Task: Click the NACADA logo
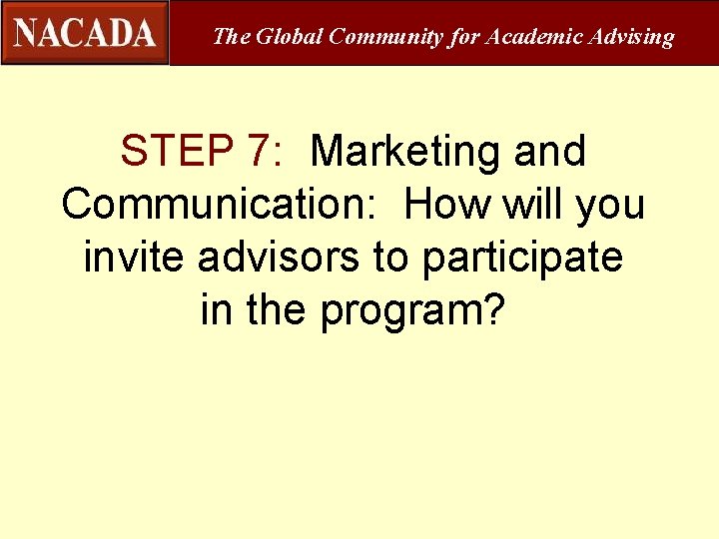point(85,33)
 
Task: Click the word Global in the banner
point(290,37)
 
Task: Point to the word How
point(446,205)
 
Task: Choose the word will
point(534,205)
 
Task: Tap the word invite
point(135,258)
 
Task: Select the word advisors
point(280,258)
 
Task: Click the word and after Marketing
point(549,152)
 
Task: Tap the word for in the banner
point(464,37)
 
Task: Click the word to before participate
point(391,258)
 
